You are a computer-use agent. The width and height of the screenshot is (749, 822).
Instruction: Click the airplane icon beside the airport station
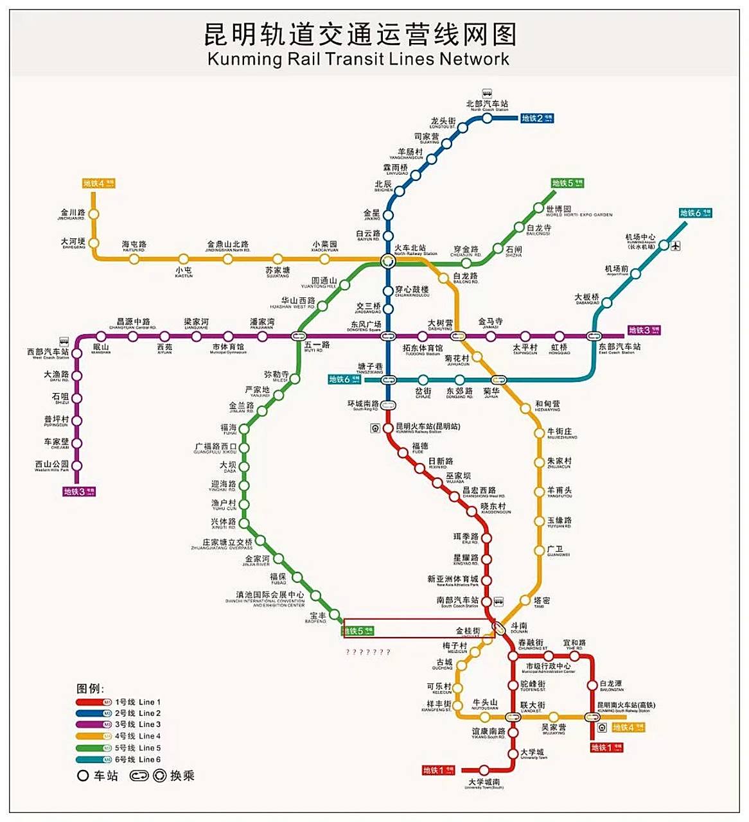(675, 245)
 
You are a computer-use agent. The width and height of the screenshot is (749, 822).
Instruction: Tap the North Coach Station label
(487, 105)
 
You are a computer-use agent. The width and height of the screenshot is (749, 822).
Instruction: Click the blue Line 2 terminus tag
(536, 118)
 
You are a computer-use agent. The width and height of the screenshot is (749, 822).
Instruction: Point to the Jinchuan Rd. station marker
(94, 214)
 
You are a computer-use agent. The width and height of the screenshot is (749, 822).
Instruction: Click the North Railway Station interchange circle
(387, 261)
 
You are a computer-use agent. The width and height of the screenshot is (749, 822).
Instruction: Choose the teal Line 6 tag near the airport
(695, 213)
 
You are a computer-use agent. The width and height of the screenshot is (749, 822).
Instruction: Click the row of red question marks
(368, 652)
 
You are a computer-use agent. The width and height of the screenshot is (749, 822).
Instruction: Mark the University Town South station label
(484, 783)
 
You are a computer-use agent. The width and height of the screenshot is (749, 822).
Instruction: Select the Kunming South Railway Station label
(626, 707)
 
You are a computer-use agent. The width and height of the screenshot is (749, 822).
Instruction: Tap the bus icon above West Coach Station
(64, 342)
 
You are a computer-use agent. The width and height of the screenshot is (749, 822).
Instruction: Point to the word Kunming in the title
(245, 60)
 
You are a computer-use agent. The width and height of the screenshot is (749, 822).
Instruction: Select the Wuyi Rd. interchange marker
(298, 336)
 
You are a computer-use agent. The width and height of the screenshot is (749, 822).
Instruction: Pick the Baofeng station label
(317, 618)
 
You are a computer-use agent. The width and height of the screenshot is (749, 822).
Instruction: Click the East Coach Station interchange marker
(594, 336)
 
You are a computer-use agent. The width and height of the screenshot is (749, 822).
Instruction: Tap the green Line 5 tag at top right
(567, 184)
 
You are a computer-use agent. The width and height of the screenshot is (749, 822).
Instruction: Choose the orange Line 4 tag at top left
(98, 184)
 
